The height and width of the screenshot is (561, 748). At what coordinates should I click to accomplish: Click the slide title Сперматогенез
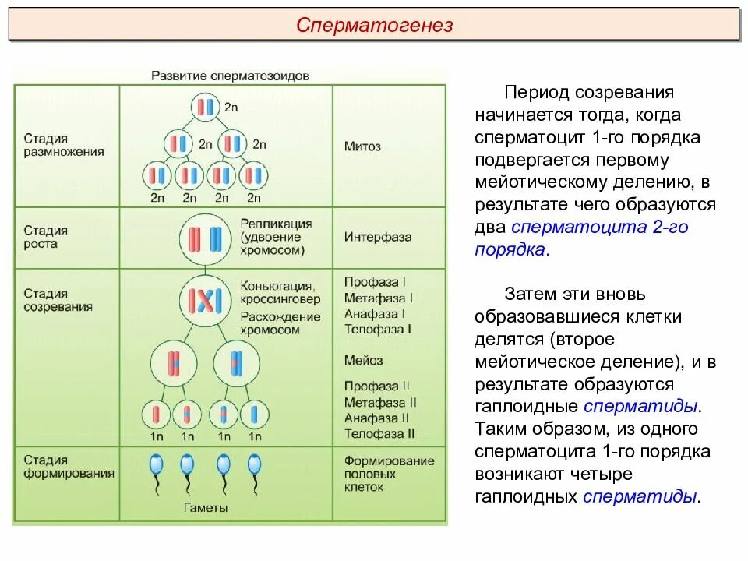point(374,26)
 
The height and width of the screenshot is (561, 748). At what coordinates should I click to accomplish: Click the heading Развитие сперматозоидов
point(230,76)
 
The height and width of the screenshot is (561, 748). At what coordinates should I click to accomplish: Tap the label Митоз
point(362,146)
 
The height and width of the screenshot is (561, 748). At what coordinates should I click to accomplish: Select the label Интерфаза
point(377,237)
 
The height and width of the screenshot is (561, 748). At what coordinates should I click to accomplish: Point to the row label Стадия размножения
point(63,146)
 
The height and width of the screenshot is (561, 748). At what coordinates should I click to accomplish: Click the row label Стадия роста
point(45,237)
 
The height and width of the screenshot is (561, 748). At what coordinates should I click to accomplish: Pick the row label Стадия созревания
point(58,300)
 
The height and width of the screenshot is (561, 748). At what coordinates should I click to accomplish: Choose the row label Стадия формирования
point(69,466)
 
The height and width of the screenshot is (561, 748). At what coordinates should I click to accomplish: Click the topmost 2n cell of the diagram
point(205,107)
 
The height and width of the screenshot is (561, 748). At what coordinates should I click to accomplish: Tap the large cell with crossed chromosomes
point(205,300)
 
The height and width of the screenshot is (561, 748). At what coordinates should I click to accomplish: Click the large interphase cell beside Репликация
point(205,238)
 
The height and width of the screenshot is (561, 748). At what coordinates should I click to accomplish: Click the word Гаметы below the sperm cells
point(206,507)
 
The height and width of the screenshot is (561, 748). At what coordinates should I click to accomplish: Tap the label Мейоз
point(363,360)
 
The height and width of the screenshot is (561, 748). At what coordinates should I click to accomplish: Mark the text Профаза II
point(376,386)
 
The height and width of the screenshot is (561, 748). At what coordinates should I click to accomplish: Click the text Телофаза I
point(377,329)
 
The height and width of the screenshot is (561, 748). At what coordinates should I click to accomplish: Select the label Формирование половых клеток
point(389,474)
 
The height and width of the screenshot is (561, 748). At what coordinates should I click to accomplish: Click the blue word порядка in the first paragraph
point(510,250)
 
